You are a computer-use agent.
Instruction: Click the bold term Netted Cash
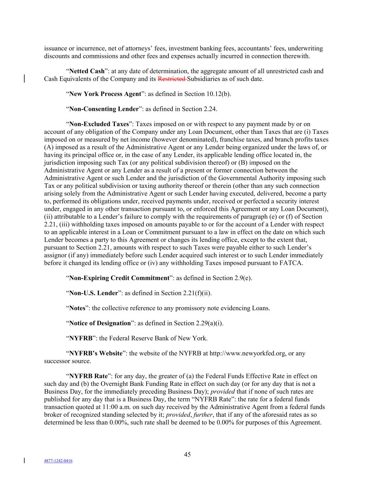tap(87, 71)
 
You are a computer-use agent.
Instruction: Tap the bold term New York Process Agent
tap(105, 94)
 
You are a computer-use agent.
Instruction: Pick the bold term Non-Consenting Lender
tap(103, 109)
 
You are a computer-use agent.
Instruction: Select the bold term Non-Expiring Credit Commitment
tap(119, 278)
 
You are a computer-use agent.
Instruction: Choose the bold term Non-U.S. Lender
tap(93, 293)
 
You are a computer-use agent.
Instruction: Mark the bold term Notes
tap(77, 308)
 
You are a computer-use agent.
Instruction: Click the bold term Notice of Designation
tap(100, 323)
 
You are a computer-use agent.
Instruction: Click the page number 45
tap(187, 454)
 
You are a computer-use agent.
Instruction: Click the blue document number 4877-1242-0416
tap(58, 461)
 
